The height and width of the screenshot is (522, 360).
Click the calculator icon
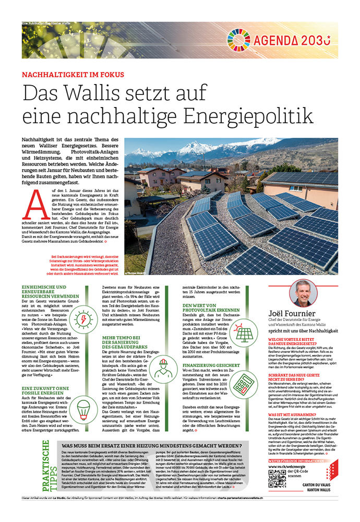[243, 385]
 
